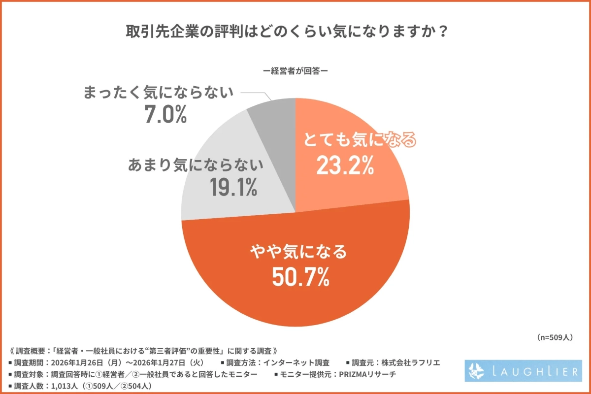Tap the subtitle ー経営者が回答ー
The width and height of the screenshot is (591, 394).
click(x=295, y=70)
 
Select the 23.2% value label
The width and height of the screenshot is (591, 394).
click(x=344, y=166)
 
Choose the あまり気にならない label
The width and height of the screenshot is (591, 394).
click(x=197, y=165)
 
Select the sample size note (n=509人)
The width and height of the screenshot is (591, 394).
click(x=554, y=338)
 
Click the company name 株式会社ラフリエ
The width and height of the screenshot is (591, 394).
click(x=407, y=362)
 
